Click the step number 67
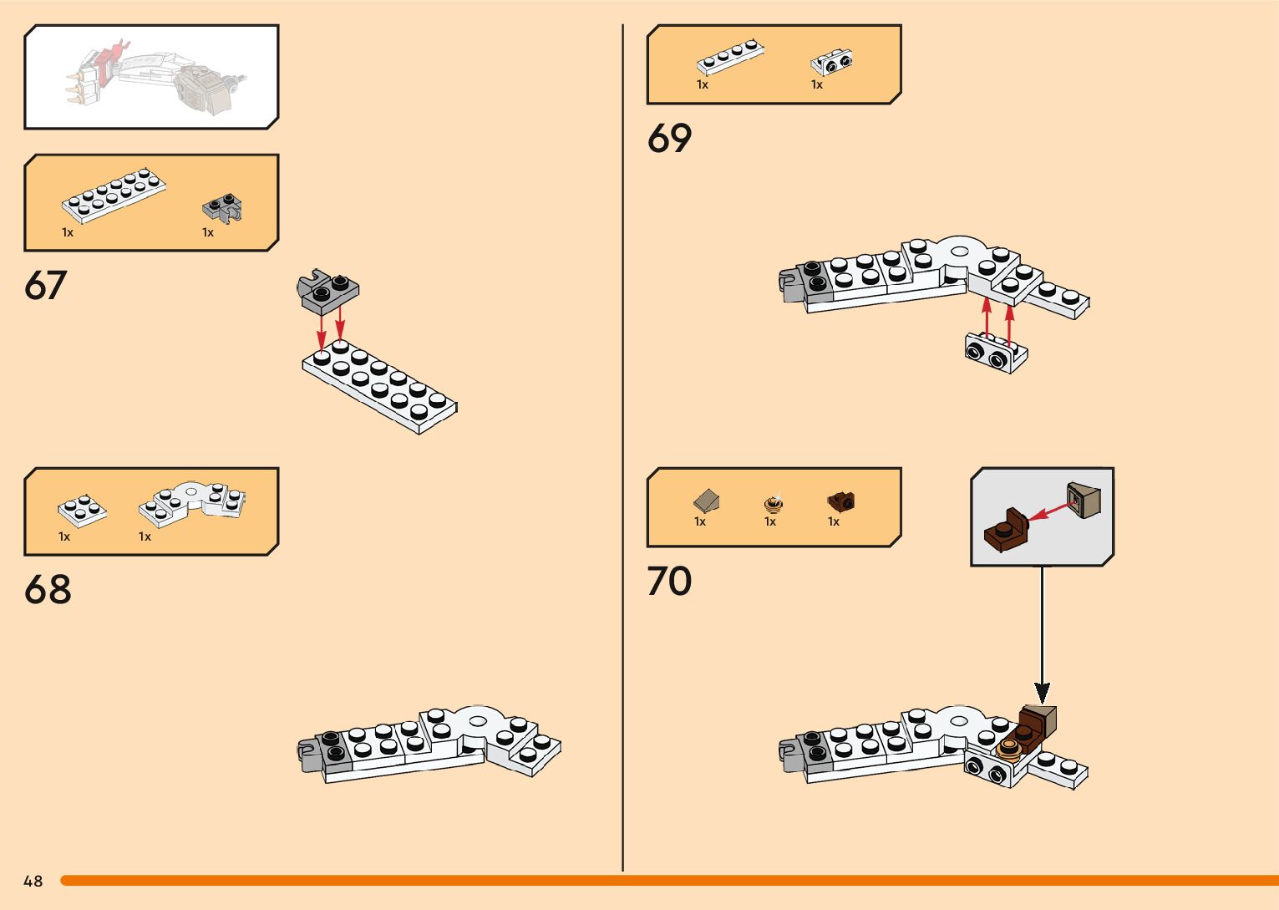tap(46, 285)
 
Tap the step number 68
tap(48, 589)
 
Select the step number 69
tap(669, 138)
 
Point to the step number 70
tap(669, 581)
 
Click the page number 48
tap(33, 881)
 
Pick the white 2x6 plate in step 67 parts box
tap(114, 195)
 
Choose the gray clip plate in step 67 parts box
tap(222, 208)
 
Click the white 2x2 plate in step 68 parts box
tap(82, 510)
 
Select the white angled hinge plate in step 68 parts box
tap(192, 503)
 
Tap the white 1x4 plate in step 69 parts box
tap(730, 57)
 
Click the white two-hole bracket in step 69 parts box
tap(832, 63)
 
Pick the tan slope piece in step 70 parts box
tap(706, 501)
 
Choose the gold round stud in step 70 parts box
tap(773, 503)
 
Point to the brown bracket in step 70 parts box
tap(841, 501)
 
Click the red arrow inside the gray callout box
tap(1052, 511)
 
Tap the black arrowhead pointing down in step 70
tap(1042, 693)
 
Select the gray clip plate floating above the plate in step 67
tap(327, 292)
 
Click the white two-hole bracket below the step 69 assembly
tap(997, 353)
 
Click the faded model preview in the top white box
tap(155, 78)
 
